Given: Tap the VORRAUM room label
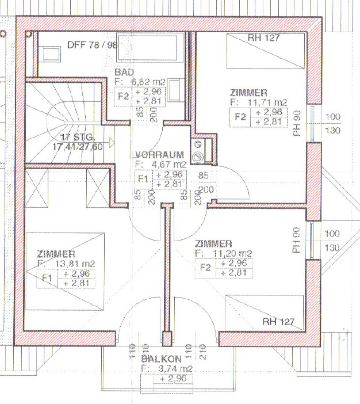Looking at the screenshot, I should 159,155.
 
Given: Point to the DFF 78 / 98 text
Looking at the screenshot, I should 92,44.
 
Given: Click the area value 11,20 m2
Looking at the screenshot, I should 228,253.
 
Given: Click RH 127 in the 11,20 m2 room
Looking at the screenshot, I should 278,321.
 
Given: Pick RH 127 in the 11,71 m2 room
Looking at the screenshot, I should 264,39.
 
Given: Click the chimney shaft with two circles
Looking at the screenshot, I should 198,149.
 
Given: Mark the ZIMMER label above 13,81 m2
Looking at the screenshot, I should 56,254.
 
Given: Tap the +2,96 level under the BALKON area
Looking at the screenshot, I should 175,379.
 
